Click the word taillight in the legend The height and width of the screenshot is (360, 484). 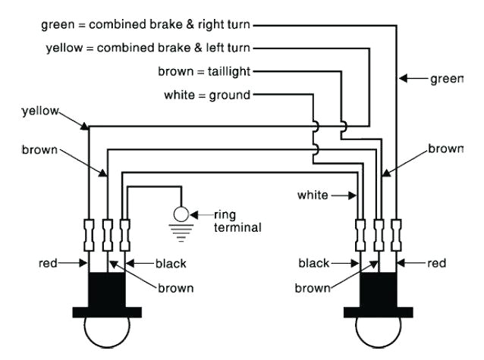point(225,72)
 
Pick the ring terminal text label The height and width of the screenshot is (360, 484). point(237,220)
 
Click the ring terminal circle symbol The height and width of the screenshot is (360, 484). point(181,214)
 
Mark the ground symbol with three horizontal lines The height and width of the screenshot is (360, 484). point(181,233)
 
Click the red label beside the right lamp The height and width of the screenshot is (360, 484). point(437,263)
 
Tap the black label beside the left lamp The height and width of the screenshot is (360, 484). point(171,264)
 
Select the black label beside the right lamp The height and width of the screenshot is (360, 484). point(313,263)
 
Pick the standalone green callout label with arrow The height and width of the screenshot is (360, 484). point(446,78)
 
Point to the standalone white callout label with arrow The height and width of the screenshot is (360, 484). point(313,196)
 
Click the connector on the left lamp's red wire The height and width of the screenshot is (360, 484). point(89,235)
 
